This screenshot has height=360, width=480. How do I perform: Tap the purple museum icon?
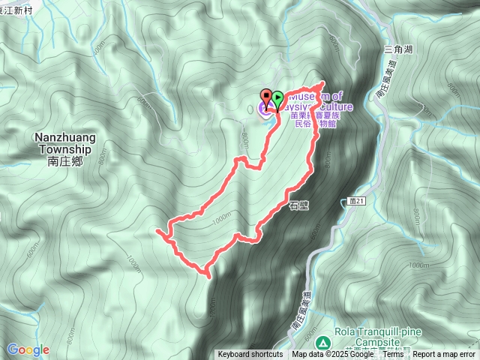click(265, 111)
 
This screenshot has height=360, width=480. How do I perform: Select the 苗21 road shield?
click(356, 201)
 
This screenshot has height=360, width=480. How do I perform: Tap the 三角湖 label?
click(398, 49)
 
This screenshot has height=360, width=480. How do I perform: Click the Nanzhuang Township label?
click(62, 142)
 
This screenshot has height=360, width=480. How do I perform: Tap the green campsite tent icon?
click(322, 343)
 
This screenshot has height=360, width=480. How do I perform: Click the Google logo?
click(28, 349)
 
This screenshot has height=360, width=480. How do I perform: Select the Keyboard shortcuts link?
click(250, 355)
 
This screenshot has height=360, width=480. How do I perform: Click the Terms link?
click(393, 355)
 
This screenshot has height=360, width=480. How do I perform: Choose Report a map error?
click(443, 355)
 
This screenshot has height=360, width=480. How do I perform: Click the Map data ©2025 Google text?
click(332, 355)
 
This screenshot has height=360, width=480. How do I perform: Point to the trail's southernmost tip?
click(208, 276)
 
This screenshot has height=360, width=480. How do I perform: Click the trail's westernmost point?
click(157, 234)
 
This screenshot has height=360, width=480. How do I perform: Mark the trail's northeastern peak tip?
click(322, 82)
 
